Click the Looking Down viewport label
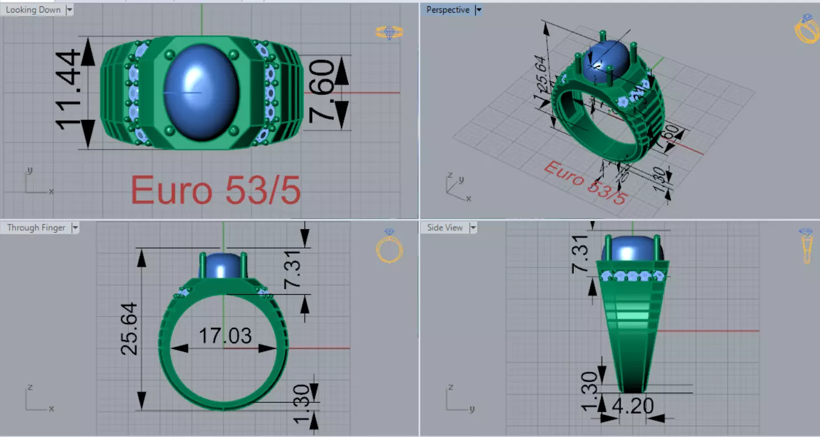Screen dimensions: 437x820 tap(33, 10)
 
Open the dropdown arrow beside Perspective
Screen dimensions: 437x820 tap(479, 10)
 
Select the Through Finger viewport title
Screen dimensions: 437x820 tap(36, 227)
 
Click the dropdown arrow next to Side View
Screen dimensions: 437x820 tap(473, 227)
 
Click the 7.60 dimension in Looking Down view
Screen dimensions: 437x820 tap(322, 91)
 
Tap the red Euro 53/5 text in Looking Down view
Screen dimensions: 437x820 tap(215, 190)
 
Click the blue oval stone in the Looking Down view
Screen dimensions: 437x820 tap(201, 93)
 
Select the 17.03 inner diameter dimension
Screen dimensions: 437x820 tap(225, 336)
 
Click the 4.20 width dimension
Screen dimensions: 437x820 tap(633, 406)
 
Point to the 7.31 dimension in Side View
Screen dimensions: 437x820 tap(579, 253)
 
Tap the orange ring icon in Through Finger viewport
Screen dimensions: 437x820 tap(389, 247)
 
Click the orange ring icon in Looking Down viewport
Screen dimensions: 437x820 tap(389, 33)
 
